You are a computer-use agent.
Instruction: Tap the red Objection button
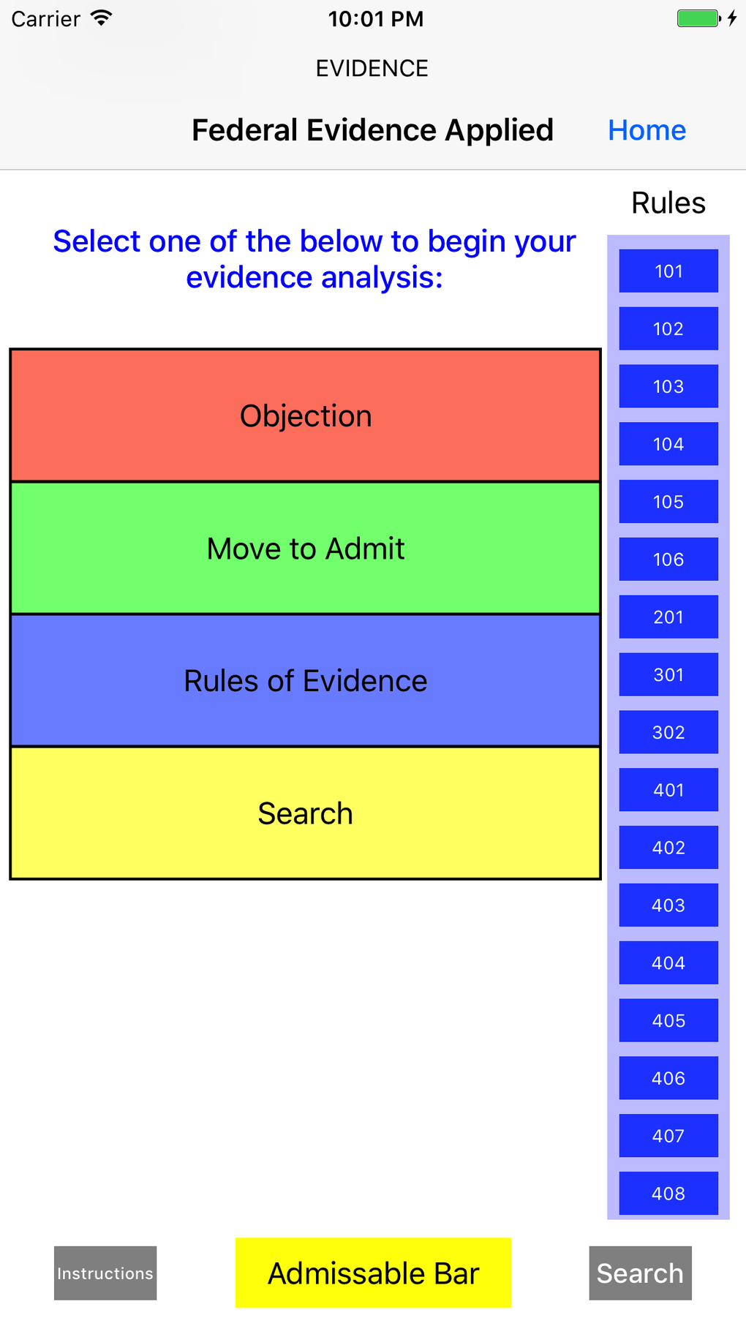(306, 415)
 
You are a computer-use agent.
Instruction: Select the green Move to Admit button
(306, 549)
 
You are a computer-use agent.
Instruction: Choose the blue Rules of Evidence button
(306, 681)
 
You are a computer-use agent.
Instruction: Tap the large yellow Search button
(306, 813)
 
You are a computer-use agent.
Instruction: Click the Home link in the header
(647, 130)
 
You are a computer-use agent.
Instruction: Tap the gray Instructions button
(105, 1273)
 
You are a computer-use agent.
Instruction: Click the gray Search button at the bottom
(640, 1273)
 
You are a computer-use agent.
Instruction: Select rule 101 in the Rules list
(668, 271)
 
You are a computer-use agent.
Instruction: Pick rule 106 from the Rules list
(668, 560)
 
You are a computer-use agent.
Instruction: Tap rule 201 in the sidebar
(668, 617)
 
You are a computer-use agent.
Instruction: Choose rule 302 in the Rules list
(668, 732)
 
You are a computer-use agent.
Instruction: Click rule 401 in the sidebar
(668, 790)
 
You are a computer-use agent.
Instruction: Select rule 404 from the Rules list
(668, 963)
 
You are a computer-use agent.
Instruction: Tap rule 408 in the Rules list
(668, 1194)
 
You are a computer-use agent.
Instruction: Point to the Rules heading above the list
(668, 203)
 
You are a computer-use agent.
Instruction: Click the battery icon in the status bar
(698, 18)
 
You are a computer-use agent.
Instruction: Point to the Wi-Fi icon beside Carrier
(101, 18)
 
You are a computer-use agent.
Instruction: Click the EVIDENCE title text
(372, 68)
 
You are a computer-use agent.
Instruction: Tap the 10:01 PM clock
(376, 18)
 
